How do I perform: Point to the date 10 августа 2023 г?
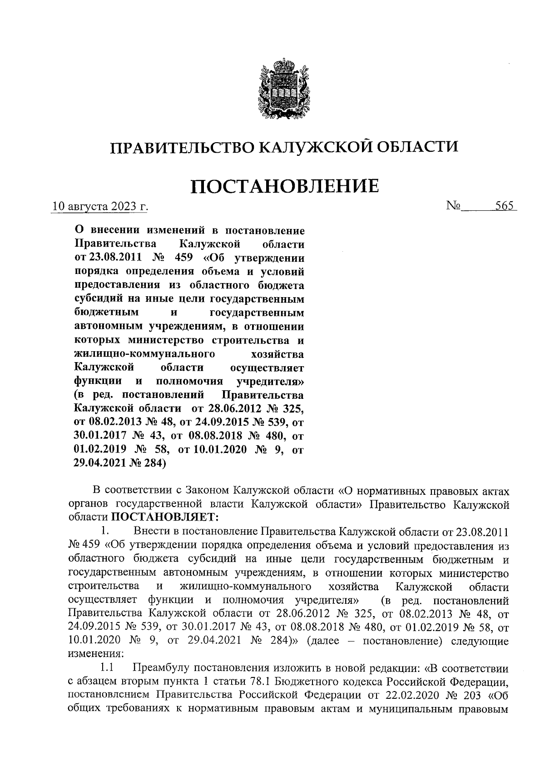100,207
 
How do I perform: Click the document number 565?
504,206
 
